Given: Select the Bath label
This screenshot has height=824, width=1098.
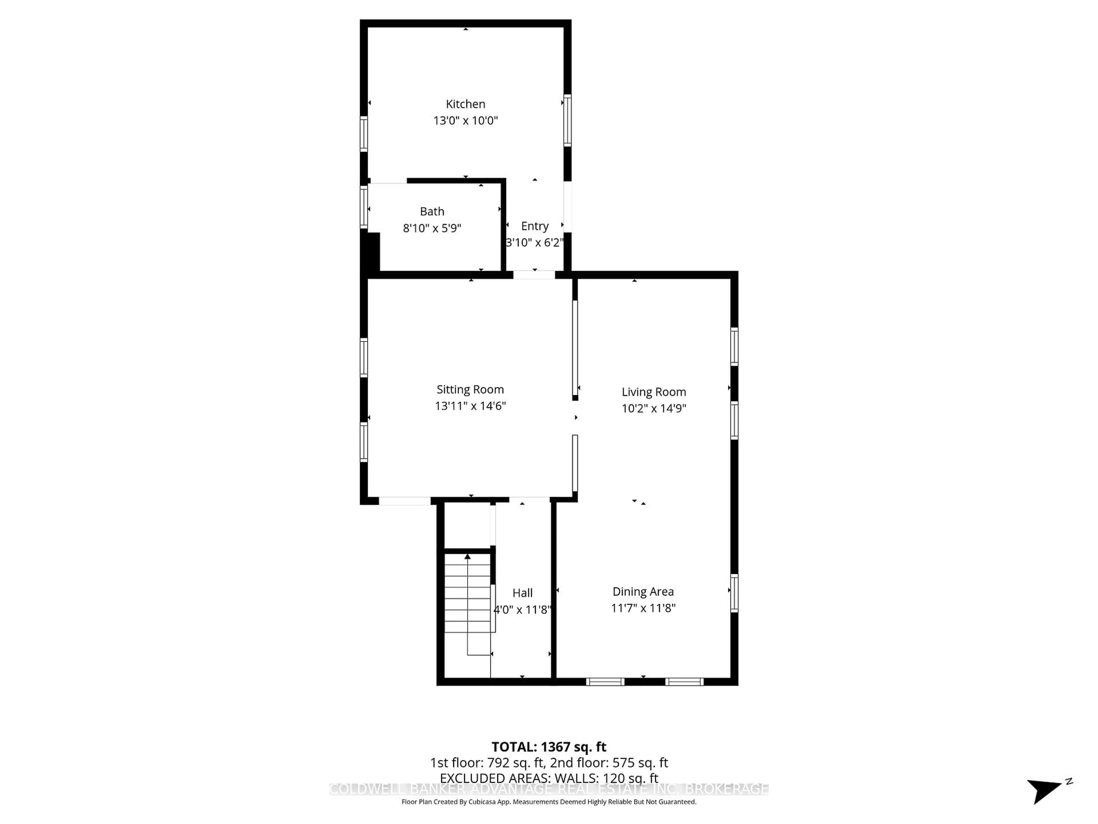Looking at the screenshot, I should coord(432,212).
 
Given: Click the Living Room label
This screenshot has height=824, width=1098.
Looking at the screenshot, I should coord(654,392).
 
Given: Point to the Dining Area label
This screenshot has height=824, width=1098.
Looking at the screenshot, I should coord(643,592).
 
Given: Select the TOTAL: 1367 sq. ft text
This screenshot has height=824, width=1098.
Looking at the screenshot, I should coord(548,747).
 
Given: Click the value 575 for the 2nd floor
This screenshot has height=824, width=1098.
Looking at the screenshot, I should coord(623,763).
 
